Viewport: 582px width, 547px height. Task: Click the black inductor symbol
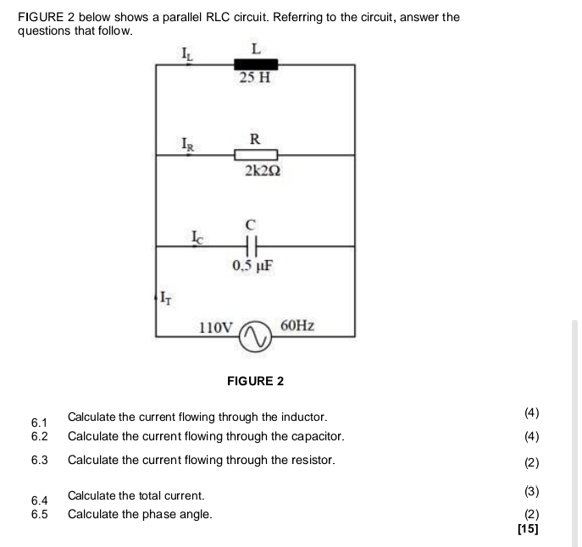point(256,64)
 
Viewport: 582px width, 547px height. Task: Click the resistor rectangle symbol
point(256,155)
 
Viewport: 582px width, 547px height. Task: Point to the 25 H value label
point(255,79)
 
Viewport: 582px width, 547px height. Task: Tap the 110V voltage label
point(215,326)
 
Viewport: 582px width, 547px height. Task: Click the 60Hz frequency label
point(297,325)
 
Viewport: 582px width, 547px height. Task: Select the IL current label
point(189,55)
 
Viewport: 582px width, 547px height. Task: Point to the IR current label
point(189,144)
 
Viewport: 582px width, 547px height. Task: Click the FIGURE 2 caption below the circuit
point(256,381)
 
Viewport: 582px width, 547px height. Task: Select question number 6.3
point(39,461)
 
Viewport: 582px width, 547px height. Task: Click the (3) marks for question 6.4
point(531,491)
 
